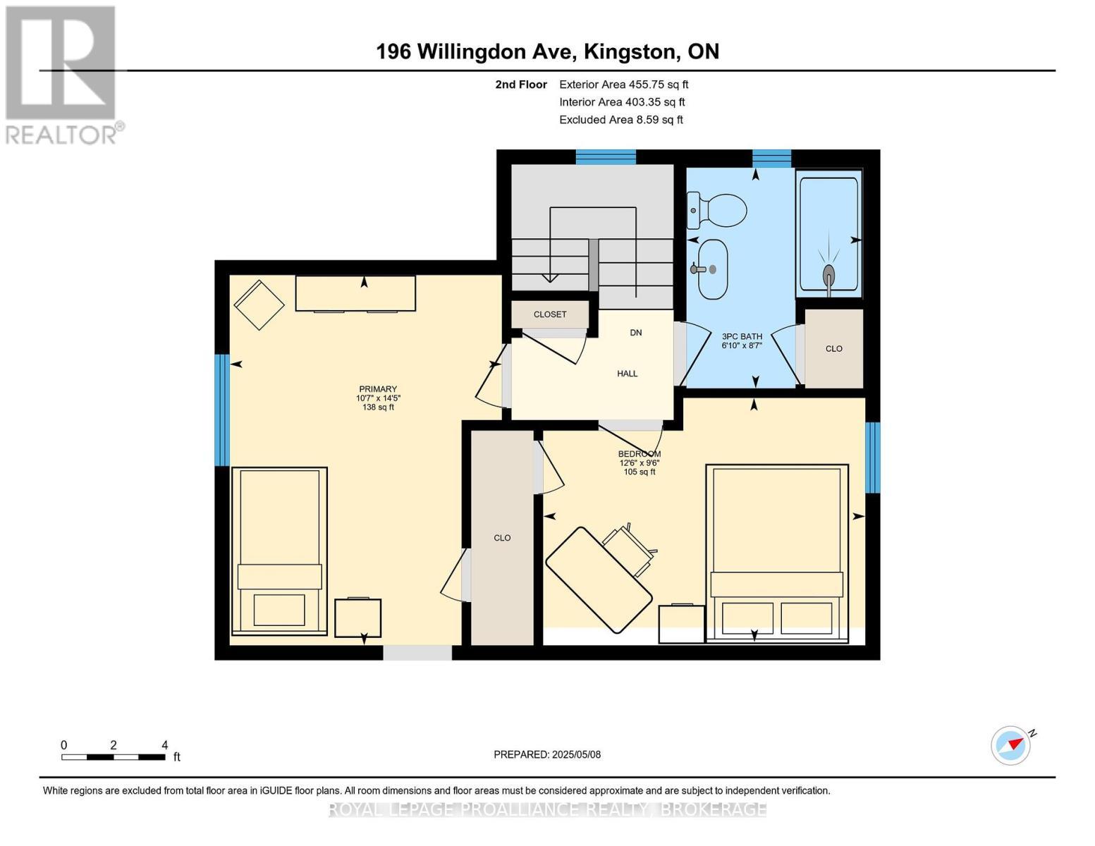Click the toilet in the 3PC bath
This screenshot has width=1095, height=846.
716,209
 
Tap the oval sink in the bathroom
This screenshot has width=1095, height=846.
713,269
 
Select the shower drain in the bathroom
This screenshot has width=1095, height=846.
828,275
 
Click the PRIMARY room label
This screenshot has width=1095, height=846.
378,389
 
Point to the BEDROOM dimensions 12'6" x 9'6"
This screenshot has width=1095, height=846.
640,462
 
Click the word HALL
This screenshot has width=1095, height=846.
628,374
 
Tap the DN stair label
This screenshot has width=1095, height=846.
636,333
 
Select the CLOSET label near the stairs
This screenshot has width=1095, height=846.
550,314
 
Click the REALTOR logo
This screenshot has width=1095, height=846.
61,75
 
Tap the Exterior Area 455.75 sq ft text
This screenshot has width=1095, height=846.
624,85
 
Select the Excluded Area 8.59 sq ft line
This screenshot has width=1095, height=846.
621,120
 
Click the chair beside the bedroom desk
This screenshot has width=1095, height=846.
630,548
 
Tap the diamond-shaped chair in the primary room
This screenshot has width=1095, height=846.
259,305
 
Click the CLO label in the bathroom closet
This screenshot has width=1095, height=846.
834,349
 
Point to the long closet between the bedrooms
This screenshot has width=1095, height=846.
502,538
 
